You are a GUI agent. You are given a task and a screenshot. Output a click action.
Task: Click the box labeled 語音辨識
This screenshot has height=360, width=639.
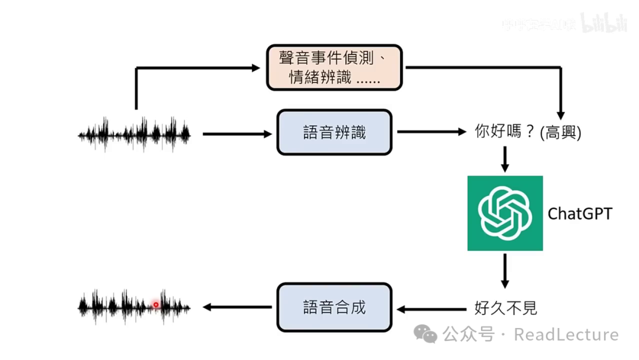pyautogui.click(x=334, y=133)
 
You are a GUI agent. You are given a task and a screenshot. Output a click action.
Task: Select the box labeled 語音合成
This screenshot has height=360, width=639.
pyautogui.click(x=334, y=307)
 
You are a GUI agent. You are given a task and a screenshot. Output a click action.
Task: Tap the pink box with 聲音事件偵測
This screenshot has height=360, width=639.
pyautogui.click(x=334, y=67)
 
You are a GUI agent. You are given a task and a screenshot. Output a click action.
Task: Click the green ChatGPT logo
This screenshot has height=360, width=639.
pyautogui.click(x=505, y=213)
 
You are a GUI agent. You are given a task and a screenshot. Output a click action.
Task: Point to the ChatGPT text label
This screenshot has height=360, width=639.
pyautogui.click(x=580, y=213)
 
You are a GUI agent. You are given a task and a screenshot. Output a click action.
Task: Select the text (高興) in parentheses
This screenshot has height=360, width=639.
pyautogui.click(x=561, y=133)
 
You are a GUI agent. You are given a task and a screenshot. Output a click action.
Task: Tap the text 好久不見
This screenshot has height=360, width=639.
pyautogui.click(x=506, y=308)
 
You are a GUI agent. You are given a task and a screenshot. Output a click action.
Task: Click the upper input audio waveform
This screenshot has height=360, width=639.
pyautogui.click(x=134, y=134)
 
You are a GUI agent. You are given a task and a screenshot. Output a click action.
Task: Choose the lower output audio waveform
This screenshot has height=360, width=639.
pyautogui.click(x=134, y=307)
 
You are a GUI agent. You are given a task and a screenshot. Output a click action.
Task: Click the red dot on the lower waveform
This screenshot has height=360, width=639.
pyautogui.click(x=156, y=305)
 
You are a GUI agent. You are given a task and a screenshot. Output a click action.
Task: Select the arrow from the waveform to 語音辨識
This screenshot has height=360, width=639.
pyautogui.click(x=237, y=134)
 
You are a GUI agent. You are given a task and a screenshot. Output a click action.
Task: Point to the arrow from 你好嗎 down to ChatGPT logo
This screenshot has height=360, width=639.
pyautogui.click(x=505, y=159)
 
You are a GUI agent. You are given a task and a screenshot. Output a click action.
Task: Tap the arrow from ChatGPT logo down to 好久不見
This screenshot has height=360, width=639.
pyautogui.click(x=505, y=271)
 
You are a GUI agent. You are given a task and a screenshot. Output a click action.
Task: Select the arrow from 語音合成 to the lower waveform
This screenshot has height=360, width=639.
pyautogui.click(x=237, y=307)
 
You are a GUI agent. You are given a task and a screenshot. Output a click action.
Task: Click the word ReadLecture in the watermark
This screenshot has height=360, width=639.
pyautogui.click(x=566, y=335)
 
